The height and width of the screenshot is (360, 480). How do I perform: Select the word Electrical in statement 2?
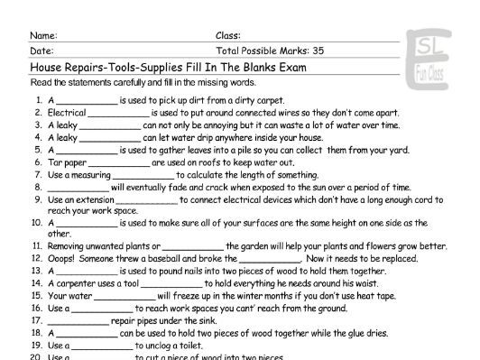[66, 113]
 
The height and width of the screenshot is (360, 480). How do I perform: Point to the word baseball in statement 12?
[169, 257]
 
